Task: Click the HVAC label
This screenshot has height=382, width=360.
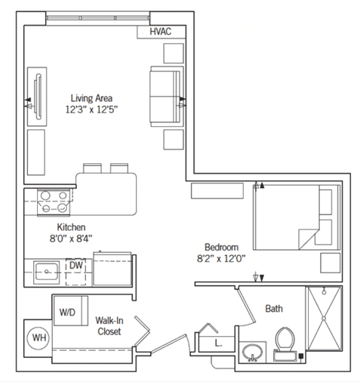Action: pyautogui.click(x=161, y=32)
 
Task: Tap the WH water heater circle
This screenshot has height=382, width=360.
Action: pyautogui.click(x=39, y=337)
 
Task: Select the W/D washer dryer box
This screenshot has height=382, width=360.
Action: pyautogui.click(x=71, y=311)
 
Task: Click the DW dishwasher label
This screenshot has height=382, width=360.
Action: pyautogui.click(x=76, y=265)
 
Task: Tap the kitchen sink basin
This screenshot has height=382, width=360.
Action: pyautogui.click(x=46, y=272)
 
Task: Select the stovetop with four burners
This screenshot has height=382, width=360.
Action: pyautogui.click(x=54, y=202)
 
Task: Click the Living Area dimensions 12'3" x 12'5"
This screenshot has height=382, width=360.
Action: pyautogui.click(x=91, y=109)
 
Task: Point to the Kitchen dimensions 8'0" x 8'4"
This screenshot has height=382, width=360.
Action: pyautogui.click(x=71, y=238)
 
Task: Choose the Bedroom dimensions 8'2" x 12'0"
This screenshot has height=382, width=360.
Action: pyautogui.click(x=221, y=258)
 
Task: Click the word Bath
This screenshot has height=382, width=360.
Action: pyautogui.click(x=274, y=309)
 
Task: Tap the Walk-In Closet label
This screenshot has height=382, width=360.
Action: pyautogui.click(x=109, y=326)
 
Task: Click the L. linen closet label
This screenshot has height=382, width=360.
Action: pyautogui.click(x=218, y=343)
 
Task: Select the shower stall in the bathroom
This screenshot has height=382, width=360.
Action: pyautogui.click(x=324, y=319)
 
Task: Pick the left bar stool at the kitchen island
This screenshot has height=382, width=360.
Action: pyautogui.click(x=92, y=168)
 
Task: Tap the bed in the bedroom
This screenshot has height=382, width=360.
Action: pyautogui.click(x=297, y=217)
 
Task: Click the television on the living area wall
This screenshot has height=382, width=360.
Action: pyautogui.click(x=38, y=97)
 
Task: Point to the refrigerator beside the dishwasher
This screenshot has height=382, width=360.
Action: pyautogui.click(x=112, y=269)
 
